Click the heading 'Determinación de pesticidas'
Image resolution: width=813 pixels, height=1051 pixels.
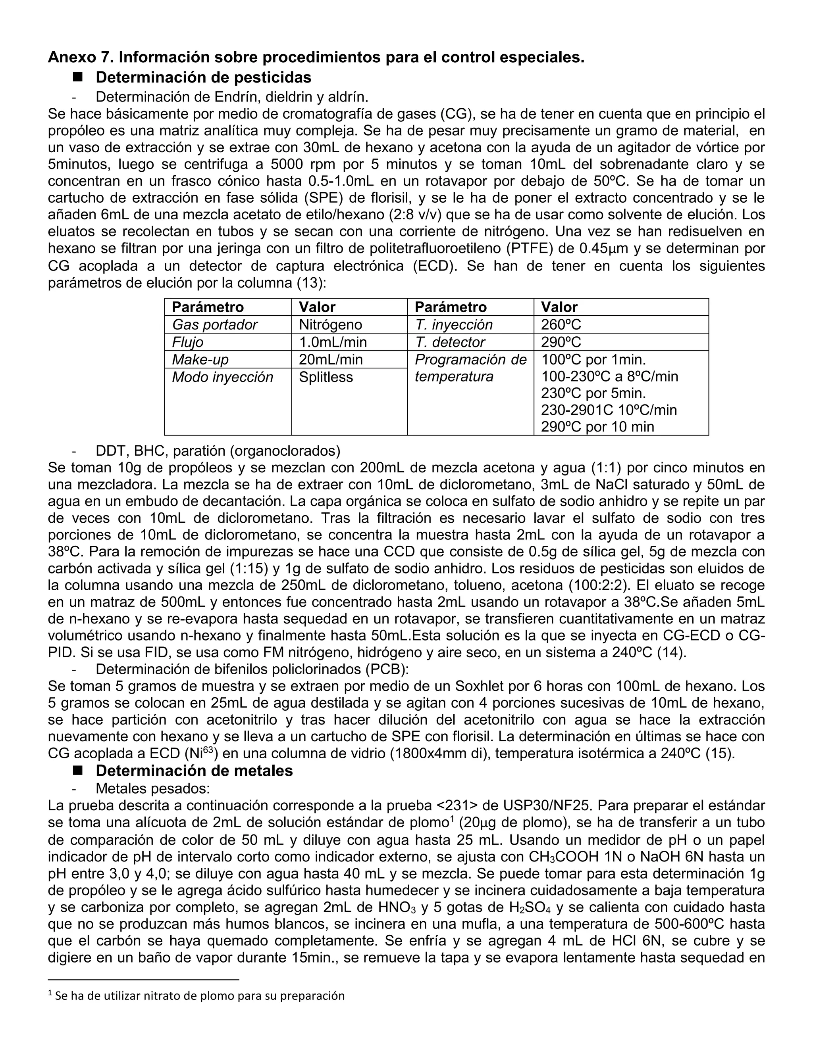[x=203, y=77]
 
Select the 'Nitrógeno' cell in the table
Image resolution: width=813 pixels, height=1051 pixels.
[x=330, y=325]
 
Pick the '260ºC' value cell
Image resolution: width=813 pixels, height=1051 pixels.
[x=561, y=325]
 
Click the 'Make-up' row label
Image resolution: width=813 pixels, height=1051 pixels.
[x=200, y=359]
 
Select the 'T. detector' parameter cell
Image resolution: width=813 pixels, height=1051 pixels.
[x=450, y=342]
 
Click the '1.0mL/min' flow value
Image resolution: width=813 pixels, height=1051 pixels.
[x=333, y=342]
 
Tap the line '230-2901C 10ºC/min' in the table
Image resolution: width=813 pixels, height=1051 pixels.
[x=609, y=410]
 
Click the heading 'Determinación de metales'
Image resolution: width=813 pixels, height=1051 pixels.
[x=194, y=771]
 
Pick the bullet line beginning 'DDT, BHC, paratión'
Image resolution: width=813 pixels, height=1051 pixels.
[x=218, y=451]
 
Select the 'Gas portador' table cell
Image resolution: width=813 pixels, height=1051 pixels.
[x=215, y=325]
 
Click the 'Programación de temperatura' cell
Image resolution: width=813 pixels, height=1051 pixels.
[x=470, y=368]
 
